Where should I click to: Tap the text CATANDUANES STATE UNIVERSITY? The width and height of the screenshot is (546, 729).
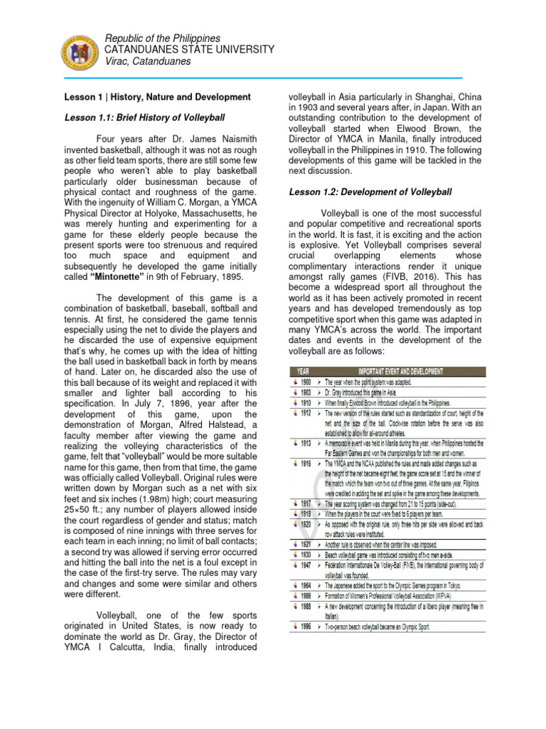pyautogui.click(x=188, y=48)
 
